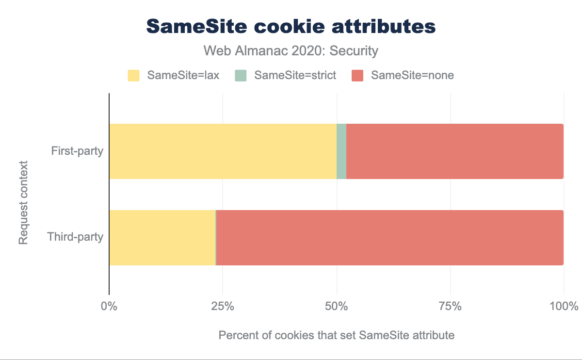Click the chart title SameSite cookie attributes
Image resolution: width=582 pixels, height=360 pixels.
pos(291,27)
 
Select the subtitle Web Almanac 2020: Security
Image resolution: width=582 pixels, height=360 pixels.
pos(291,50)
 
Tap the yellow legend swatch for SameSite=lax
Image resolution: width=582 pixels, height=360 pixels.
pos(133,75)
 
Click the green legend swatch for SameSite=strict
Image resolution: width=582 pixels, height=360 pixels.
pos(241,75)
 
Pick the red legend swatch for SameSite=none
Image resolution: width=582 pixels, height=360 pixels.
pos(357,75)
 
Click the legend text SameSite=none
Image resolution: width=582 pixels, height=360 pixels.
pos(412,75)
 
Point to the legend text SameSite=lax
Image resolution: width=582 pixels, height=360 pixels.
pos(183,75)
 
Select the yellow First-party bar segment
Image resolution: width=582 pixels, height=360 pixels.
pos(223,151)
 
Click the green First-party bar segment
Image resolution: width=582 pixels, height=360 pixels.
pos(341,151)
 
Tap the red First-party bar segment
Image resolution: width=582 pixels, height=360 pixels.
pos(454,151)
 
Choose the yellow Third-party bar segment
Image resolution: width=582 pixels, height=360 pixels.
pos(162,238)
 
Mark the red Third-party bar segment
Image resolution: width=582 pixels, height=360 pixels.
pos(389,238)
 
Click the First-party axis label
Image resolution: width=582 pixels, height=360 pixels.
pos(77,151)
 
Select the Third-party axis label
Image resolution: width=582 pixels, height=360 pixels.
pos(75,238)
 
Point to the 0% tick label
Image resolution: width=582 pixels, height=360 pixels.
pos(109,307)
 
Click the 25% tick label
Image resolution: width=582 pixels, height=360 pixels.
pos(223,307)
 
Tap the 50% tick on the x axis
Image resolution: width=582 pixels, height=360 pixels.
pos(337,307)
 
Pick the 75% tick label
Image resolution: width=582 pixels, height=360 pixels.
pos(451,307)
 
